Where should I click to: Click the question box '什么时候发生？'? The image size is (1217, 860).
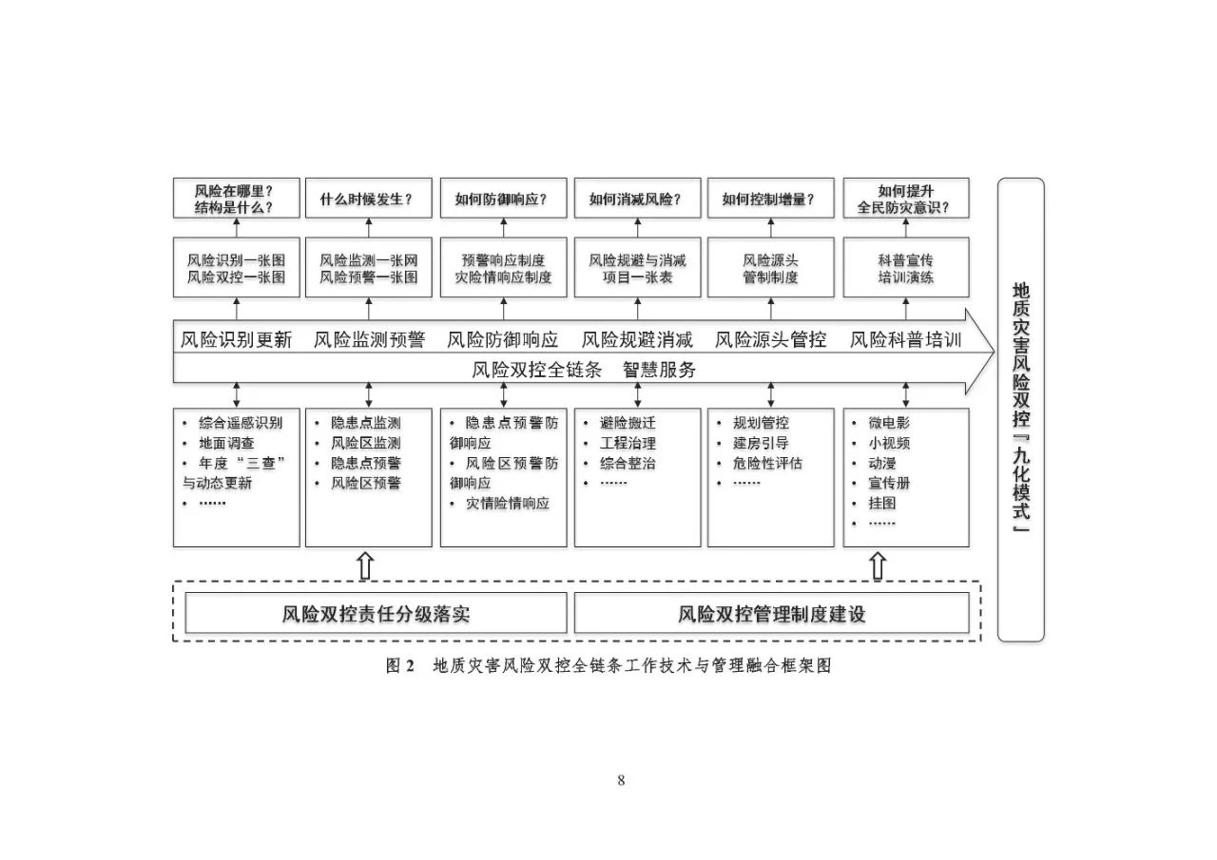[368, 199]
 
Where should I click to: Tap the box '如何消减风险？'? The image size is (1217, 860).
[636, 199]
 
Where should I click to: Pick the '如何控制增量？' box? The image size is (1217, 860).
[770, 199]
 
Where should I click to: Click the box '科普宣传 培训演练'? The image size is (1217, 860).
[905, 268]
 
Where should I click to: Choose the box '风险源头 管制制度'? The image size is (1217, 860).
[770, 268]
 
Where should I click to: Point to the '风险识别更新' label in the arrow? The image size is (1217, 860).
[237, 340]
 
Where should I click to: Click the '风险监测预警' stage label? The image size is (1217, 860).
[369, 340]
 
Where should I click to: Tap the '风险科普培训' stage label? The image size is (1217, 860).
[906, 340]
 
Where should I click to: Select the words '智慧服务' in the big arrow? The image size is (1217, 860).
[660, 371]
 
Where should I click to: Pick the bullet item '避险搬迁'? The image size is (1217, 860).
[628, 423]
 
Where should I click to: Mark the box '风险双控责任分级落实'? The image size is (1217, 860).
[376, 614]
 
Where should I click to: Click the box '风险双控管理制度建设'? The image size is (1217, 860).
[771, 614]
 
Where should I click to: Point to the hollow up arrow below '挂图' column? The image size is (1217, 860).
[878, 566]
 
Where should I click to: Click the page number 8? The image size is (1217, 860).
[621, 781]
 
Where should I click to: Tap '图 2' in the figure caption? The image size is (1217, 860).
[400, 666]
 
